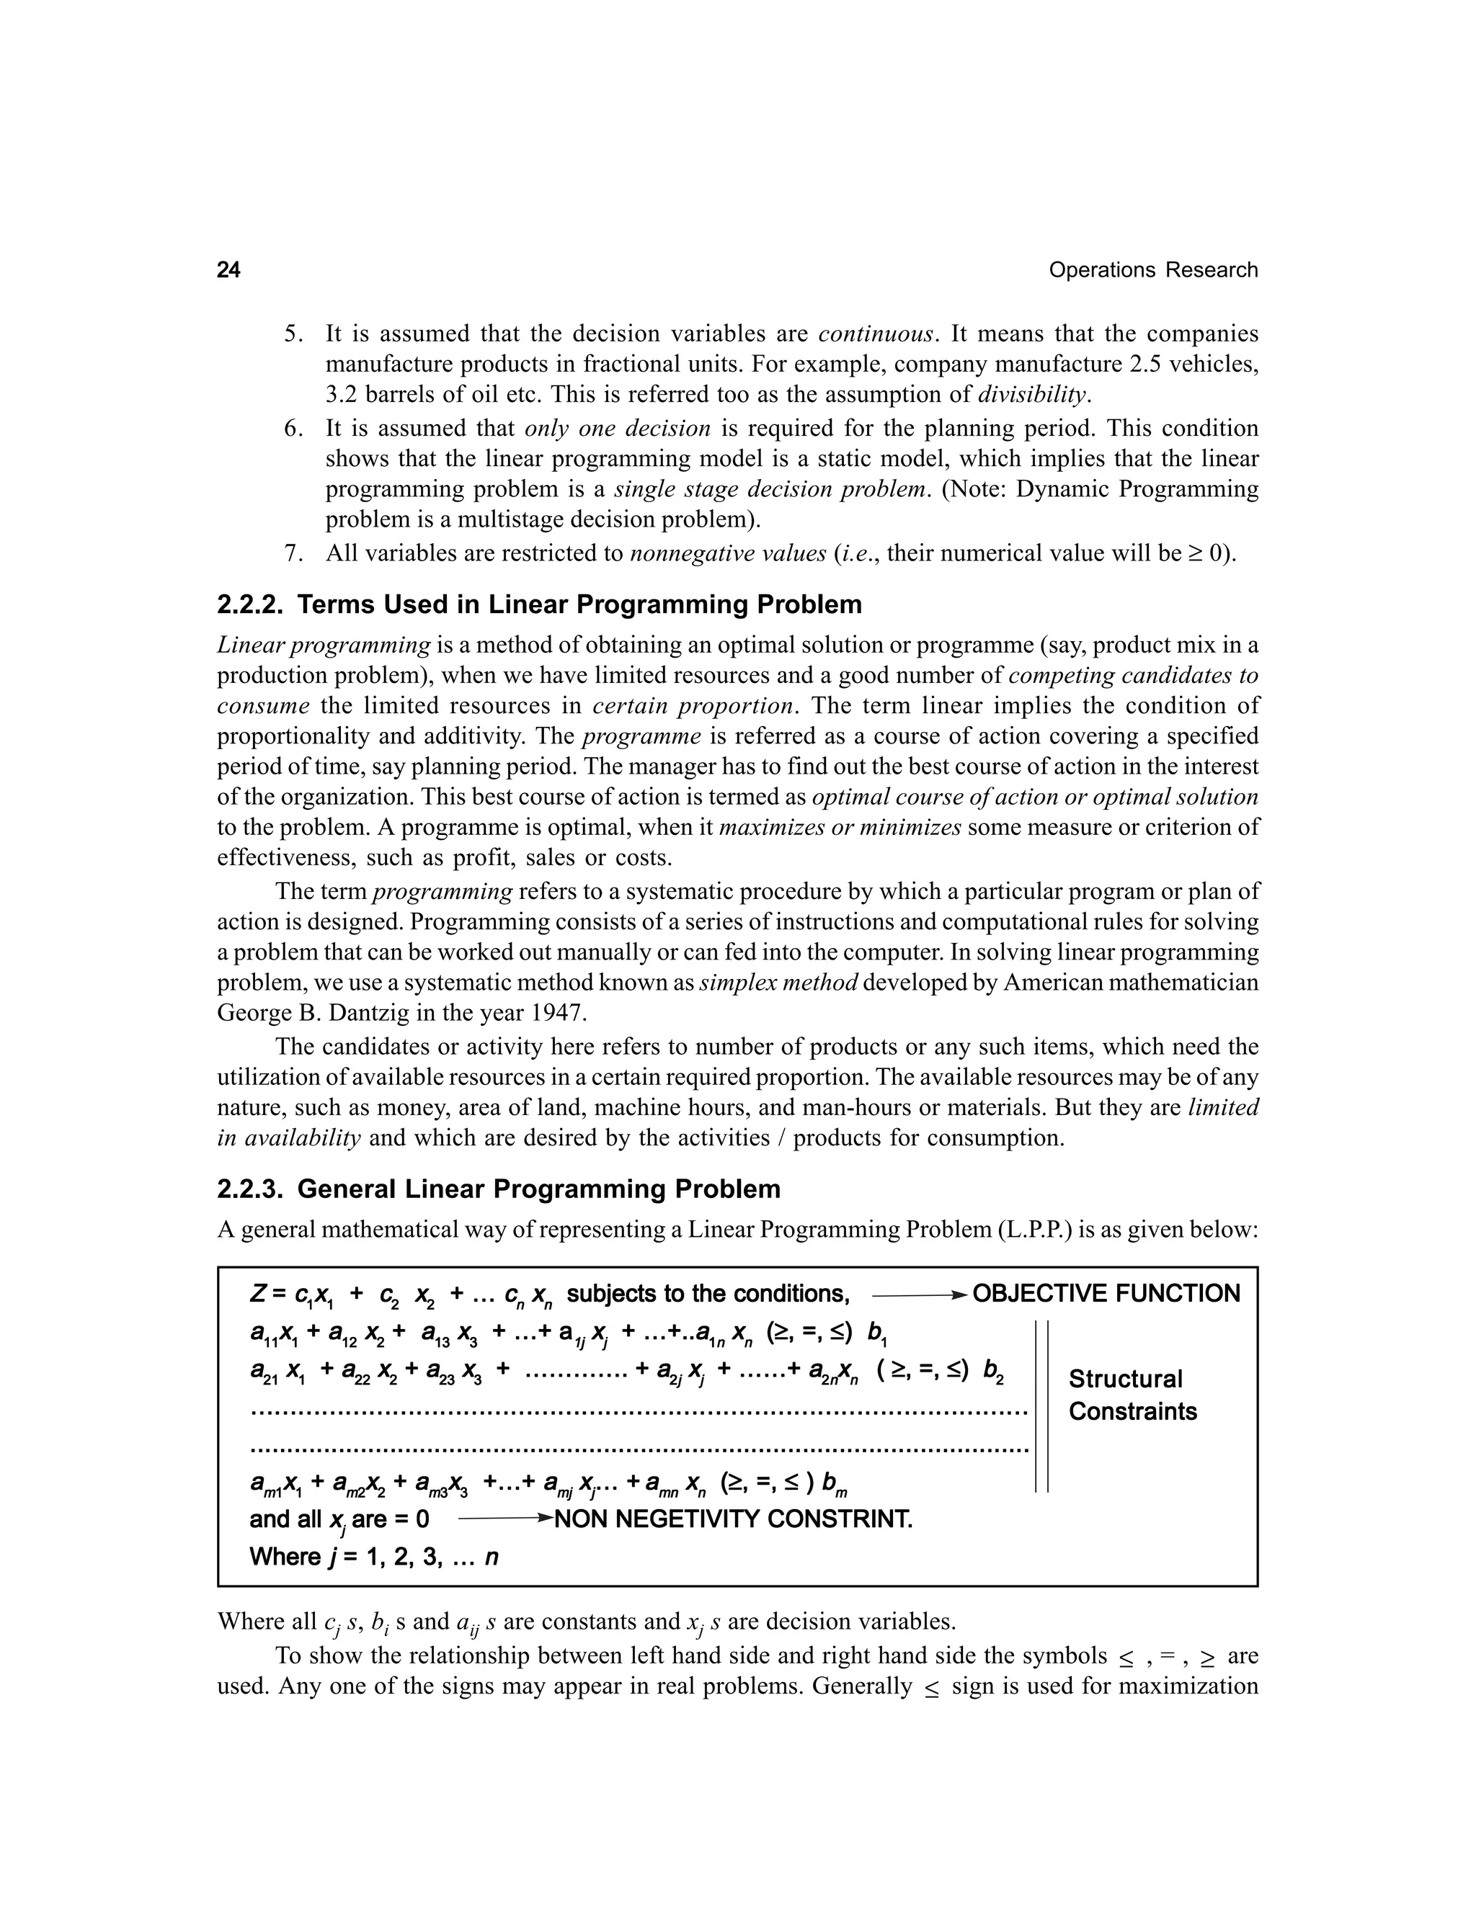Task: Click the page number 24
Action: click(x=228, y=270)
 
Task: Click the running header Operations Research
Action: click(x=1152, y=270)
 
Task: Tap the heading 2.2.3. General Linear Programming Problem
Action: click(x=499, y=1189)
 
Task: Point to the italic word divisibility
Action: click(x=1033, y=394)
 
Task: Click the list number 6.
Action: click(x=293, y=429)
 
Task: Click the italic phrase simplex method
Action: click(x=778, y=983)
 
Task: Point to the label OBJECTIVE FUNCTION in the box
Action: click(x=1106, y=1294)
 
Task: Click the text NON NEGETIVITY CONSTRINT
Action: click(x=733, y=1519)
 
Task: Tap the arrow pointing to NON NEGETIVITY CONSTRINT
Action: click(x=504, y=1519)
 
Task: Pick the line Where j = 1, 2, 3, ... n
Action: click(x=373, y=1557)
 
